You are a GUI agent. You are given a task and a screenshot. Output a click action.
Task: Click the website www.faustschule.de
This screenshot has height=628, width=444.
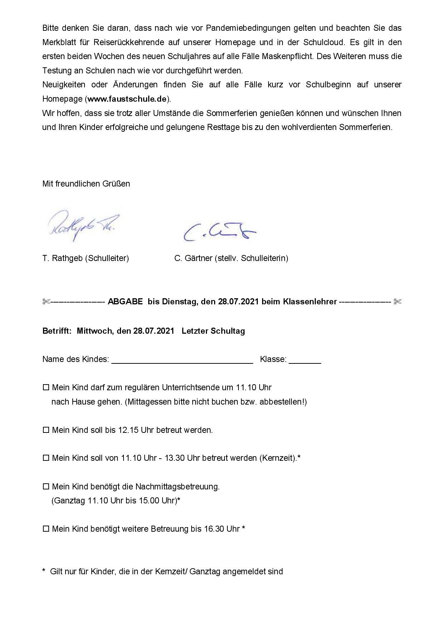click(127, 99)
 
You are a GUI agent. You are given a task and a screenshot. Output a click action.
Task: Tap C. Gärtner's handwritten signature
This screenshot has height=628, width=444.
click(219, 232)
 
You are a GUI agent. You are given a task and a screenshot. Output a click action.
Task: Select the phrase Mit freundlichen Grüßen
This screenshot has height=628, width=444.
click(86, 184)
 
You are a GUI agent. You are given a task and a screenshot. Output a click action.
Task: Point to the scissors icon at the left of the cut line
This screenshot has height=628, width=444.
click(46, 302)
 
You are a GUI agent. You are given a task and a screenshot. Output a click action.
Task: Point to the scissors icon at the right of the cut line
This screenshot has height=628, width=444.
click(397, 302)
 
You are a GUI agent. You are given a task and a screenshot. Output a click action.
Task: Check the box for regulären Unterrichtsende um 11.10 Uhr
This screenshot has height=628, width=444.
click(46, 388)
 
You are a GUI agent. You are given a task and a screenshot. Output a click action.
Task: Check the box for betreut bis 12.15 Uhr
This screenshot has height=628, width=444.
click(46, 430)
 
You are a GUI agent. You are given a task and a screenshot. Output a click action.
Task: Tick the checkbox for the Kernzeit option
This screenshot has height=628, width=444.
click(46, 458)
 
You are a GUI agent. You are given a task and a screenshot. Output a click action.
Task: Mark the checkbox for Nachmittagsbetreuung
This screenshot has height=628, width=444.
click(46, 487)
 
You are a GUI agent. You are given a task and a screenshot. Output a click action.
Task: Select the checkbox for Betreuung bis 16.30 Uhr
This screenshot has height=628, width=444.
click(46, 529)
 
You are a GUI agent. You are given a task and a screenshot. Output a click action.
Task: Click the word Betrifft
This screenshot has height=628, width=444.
click(57, 331)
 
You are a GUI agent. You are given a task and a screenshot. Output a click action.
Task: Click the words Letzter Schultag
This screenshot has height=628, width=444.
click(213, 331)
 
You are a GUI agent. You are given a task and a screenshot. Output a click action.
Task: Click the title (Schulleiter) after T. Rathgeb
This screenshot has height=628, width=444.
click(107, 258)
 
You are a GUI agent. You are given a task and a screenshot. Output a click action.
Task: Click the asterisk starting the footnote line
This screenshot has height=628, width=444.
click(44, 571)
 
